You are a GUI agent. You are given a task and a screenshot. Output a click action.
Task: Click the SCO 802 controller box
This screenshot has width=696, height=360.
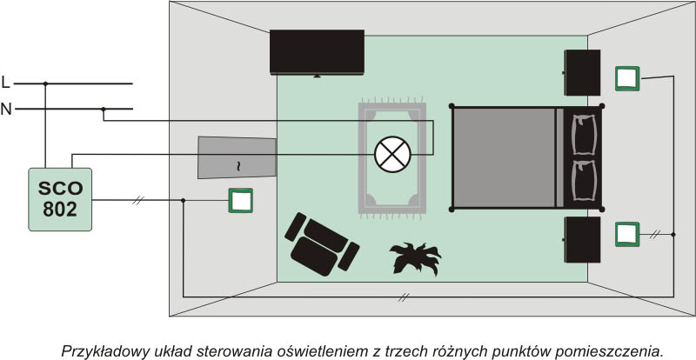click(x=59, y=199)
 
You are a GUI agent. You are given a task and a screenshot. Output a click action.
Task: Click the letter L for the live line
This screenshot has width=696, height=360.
click(x=7, y=83)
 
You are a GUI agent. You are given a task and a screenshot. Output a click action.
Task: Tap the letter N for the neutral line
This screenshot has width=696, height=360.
click(x=7, y=110)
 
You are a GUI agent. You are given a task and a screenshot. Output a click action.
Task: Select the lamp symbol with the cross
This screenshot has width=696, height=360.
click(x=391, y=154)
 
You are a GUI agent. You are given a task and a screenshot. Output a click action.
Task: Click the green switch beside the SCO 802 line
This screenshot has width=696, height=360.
click(x=241, y=200)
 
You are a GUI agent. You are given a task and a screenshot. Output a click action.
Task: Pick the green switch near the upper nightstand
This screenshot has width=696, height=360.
click(x=627, y=77)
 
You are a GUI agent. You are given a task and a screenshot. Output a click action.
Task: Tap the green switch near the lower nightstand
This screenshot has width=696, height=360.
click(x=627, y=234)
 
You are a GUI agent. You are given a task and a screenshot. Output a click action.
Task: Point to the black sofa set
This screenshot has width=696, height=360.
click(x=320, y=243)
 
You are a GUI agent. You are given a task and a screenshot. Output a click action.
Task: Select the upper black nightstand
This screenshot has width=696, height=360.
click(x=582, y=72)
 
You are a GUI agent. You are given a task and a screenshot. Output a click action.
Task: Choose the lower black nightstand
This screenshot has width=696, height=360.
click(x=582, y=239)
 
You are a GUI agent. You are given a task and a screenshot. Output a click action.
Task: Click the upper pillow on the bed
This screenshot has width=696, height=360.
click(x=579, y=134)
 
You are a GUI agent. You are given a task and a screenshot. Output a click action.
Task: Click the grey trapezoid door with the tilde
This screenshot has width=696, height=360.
click(x=237, y=157)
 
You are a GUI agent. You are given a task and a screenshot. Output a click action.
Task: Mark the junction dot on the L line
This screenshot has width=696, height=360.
click(x=44, y=84)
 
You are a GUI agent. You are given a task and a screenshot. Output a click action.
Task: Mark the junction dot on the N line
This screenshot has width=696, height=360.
click(x=103, y=110)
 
